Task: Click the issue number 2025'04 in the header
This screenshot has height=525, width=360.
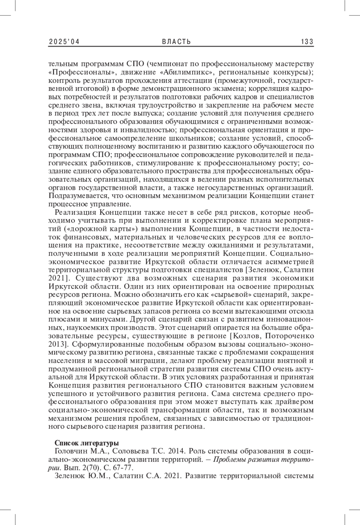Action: tap(64, 42)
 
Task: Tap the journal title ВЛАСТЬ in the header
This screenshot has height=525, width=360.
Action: tap(176, 42)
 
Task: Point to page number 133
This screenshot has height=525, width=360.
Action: tap(307, 42)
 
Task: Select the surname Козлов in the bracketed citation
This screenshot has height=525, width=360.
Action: tap(245, 335)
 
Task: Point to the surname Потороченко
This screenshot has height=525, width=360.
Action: tap(289, 335)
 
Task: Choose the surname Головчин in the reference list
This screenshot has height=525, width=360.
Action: tap(70, 451)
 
